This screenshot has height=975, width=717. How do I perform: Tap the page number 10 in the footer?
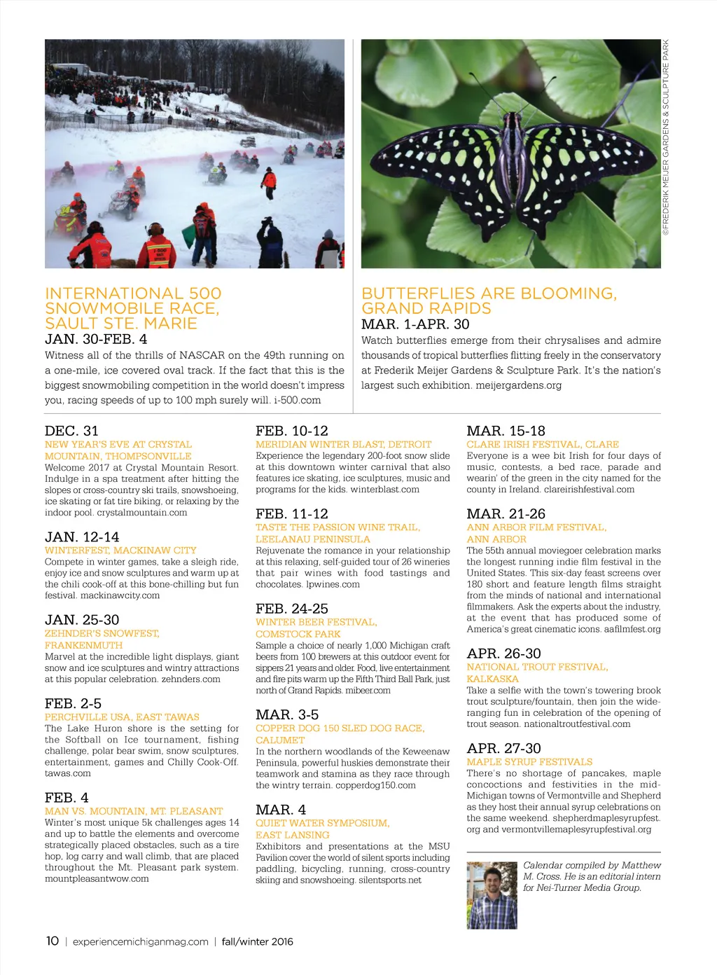click(53, 941)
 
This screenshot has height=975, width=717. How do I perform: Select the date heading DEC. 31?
click(71, 431)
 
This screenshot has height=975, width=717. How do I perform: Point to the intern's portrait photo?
click(492, 895)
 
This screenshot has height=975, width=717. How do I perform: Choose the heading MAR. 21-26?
click(506, 513)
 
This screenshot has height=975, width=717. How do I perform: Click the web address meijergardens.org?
click(518, 385)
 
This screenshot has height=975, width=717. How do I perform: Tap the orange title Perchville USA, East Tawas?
click(122, 717)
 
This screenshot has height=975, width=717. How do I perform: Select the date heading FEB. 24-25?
click(292, 609)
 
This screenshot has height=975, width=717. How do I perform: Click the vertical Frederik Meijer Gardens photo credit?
click(666, 137)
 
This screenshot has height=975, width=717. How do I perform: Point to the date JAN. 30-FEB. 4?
click(96, 339)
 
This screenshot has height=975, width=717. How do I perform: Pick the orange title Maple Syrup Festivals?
click(529, 761)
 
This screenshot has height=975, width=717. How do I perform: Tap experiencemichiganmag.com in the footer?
click(140, 941)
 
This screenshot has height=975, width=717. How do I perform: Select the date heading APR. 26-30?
click(503, 654)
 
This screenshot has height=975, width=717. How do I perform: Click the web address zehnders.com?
click(190, 679)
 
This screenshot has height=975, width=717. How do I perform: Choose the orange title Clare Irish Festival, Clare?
click(543, 444)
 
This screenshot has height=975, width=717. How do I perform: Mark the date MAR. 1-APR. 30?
click(415, 324)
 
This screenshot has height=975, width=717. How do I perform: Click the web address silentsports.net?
click(390, 880)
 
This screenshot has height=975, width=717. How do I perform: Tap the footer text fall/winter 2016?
click(257, 941)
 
